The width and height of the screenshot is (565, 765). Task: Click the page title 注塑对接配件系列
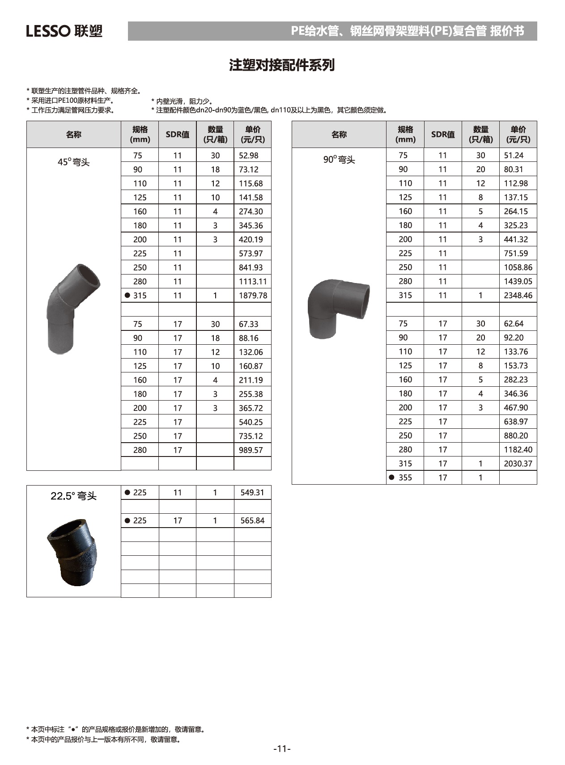pos(282,65)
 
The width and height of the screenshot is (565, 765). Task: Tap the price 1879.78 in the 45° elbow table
pos(253,296)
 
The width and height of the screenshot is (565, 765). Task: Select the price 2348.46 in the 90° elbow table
pos(518,295)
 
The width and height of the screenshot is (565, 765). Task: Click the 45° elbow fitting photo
pos(72,309)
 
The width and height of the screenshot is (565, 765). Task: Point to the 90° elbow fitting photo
pos(339,308)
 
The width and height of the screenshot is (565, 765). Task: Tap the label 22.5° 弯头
pos(73,496)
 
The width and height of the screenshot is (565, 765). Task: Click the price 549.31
pos(252,493)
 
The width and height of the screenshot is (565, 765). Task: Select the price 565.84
pos(252,520)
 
